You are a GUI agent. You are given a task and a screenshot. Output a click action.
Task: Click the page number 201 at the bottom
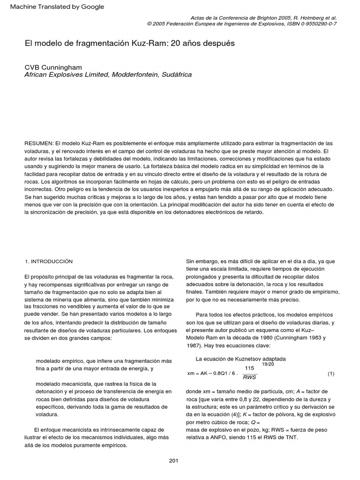coord(173,461)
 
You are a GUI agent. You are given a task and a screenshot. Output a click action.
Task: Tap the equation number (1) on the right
coord(330,374)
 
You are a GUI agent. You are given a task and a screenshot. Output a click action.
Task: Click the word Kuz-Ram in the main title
coord(144,43)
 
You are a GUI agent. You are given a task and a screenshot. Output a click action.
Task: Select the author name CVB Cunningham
coord(53,67)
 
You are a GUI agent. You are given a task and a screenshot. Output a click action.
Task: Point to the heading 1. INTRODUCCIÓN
coord(48,261)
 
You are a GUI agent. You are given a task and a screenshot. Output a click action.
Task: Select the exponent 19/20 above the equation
coord(268,364)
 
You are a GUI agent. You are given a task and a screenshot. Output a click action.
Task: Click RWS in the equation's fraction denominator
coord(249,377)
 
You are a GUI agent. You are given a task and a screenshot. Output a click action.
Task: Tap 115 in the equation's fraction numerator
coord(249,368)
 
